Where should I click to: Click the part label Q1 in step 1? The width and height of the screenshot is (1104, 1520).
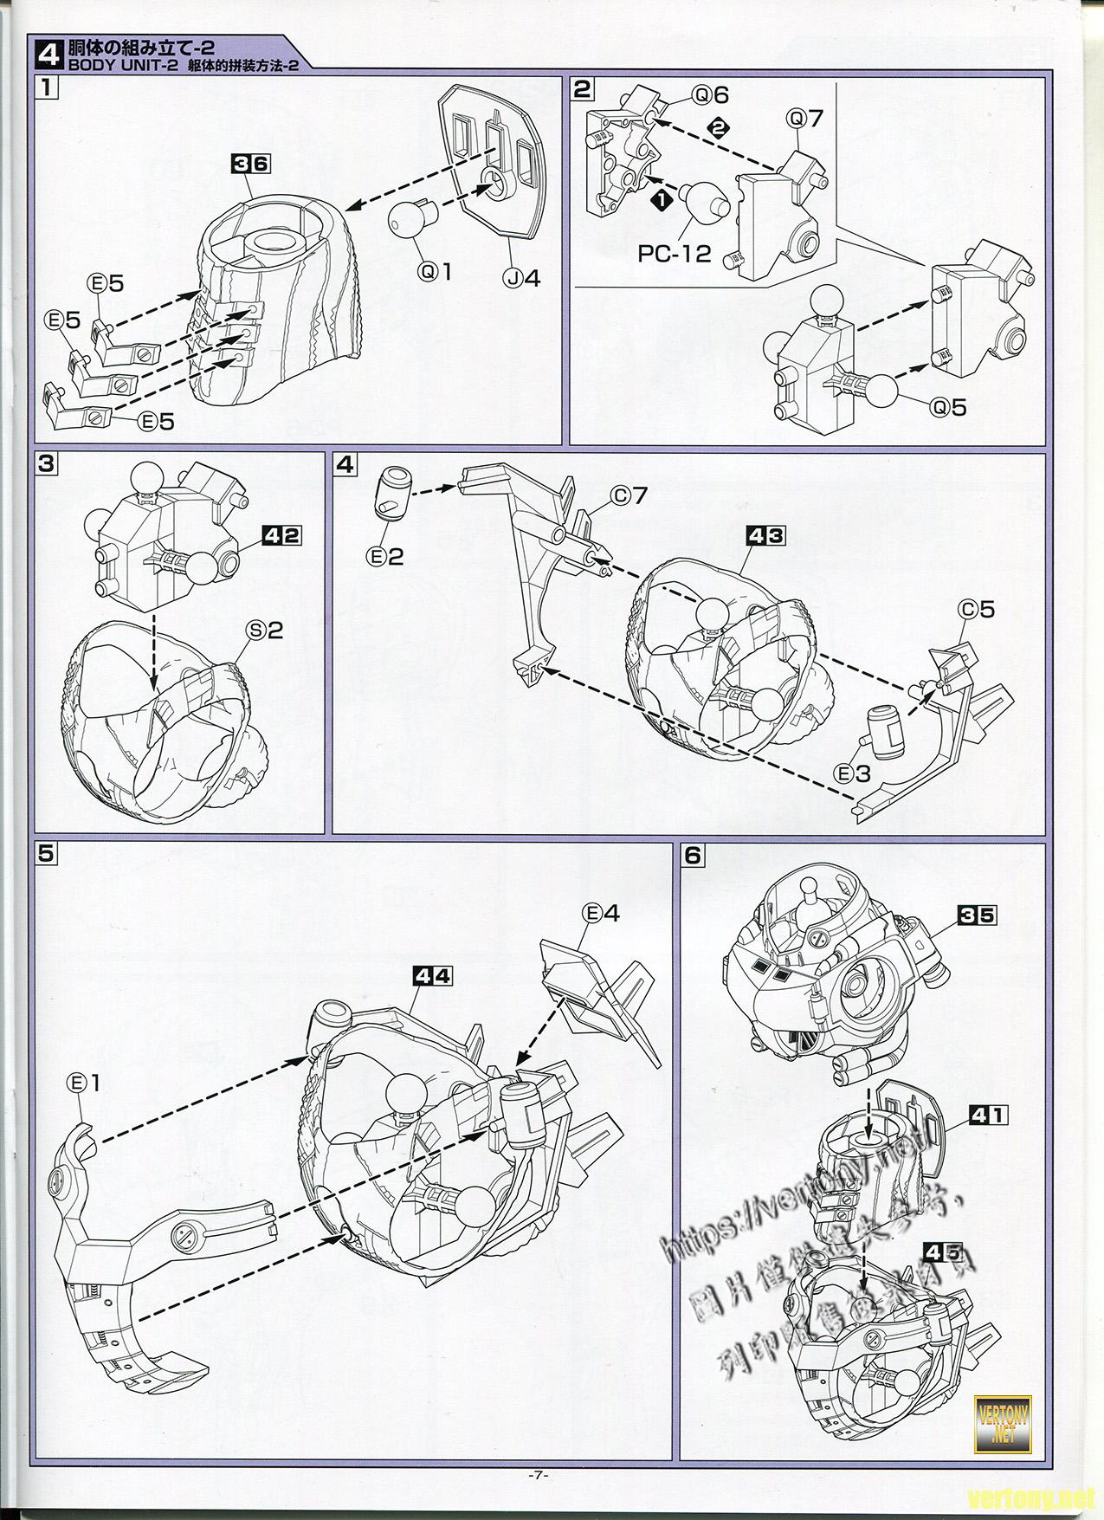(x=436, y=271)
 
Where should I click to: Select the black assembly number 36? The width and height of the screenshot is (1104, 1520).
(x=251, y=163)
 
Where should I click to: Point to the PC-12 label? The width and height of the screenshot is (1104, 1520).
(x=675, y=254)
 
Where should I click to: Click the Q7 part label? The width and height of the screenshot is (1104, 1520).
(x=804, y=118)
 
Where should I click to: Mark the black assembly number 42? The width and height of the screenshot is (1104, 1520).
(x=281, y=536)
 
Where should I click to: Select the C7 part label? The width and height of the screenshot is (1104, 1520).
(x=629, y=496)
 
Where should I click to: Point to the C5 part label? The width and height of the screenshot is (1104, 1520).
(x=975, y=610)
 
